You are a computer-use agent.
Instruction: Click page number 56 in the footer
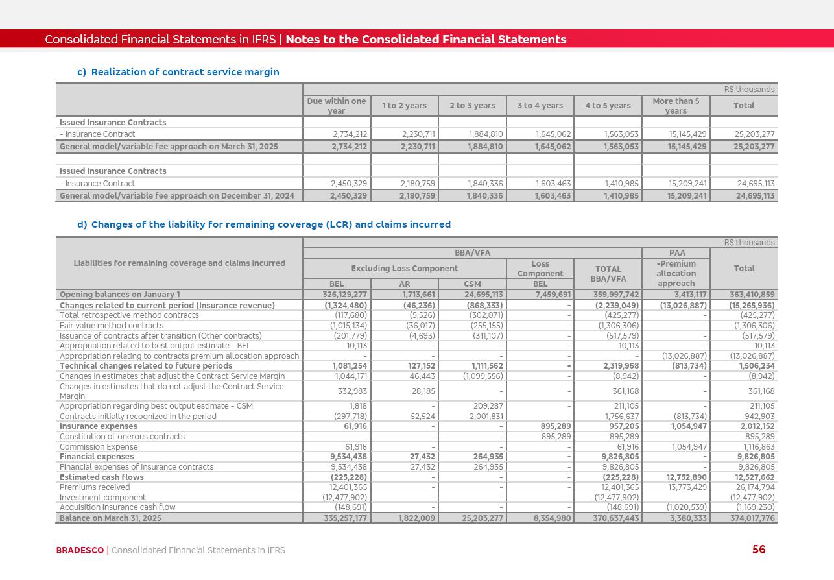(759, 550)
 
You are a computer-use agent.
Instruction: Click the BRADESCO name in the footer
(80, 550)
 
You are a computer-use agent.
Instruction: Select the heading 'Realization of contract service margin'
(185, 72)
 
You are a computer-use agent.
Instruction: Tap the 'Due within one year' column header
(337, 106)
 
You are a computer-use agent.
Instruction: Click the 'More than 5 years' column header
(676, 106)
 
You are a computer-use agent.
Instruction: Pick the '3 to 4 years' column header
(540, 106)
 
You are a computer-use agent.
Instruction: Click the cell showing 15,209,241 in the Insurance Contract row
(687, 184)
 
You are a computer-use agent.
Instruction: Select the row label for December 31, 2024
(176, 196)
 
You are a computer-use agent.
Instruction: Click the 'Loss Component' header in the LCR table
(540, 269)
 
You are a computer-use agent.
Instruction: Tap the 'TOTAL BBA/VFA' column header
(608, 274)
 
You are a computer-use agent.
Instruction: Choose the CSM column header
(472, 284)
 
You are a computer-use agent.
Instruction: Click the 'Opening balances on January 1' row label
(120, 295)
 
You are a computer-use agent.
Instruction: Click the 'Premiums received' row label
(95, 487)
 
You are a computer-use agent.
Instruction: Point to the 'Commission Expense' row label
(99, 447)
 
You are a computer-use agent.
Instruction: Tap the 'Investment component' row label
(102, 498)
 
